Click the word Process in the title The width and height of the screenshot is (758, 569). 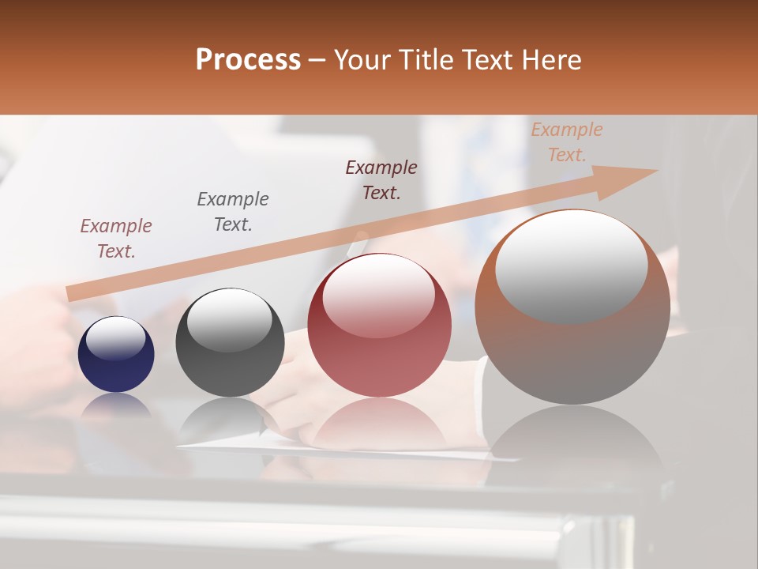click(x=248, y=60)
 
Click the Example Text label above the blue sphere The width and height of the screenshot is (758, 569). click(x=116, y=239)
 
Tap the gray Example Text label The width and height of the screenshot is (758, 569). click(x=233, y=212)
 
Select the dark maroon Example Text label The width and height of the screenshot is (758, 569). click(x=381, y=180)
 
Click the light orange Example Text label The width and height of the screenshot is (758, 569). click(x=567, y=142)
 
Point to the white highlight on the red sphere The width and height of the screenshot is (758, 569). click(x=379, y=296)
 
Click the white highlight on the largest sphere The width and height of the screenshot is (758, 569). click(x=572, y=265)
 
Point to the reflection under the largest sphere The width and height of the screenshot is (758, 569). click(x=572, y=443)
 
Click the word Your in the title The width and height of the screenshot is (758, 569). click(x=367, y=60)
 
